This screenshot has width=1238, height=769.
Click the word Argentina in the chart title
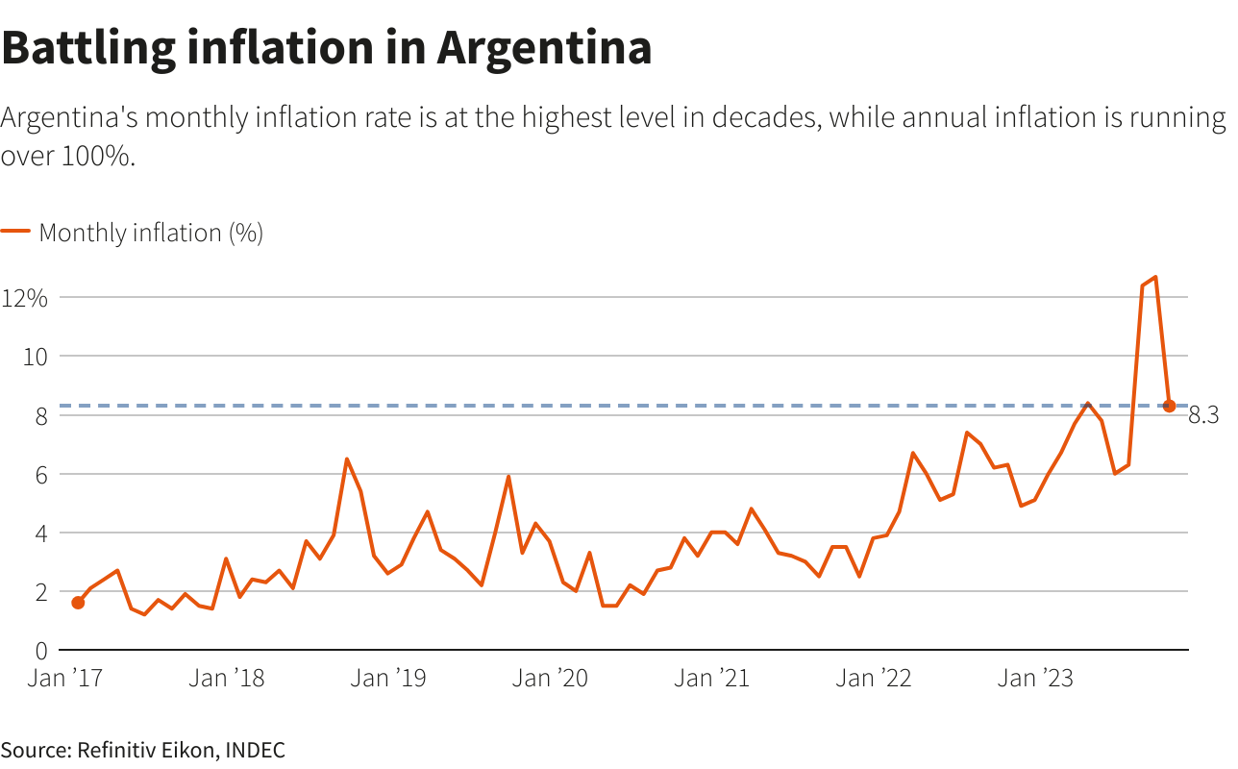click(x=544, y=48)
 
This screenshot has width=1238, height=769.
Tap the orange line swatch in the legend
click(x=15, y=232)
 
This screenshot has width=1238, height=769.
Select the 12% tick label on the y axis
click(x=25, y=297)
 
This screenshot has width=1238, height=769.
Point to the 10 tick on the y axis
click(x=36, y=357)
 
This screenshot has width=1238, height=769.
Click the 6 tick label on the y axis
click(x=40, y=475)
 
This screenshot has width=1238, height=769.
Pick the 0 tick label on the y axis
click(x=40, y=652)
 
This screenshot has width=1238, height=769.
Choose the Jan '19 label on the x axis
click(x=387, y=679)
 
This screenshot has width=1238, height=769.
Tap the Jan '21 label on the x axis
click(x=710, y=679)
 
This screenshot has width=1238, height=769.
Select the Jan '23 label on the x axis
click(x=1034, y=679)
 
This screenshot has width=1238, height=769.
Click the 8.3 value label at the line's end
click(x=1203, y=416)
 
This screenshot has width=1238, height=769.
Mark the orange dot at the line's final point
click(x=1169, y=406)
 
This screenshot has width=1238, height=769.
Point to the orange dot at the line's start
click(x=78, y=603)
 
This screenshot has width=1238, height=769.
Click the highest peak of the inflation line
click(x=1155, y=277)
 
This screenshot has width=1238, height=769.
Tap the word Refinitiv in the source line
click(x=115, y=751)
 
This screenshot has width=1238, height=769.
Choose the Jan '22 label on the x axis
click(x=873, y=679)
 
